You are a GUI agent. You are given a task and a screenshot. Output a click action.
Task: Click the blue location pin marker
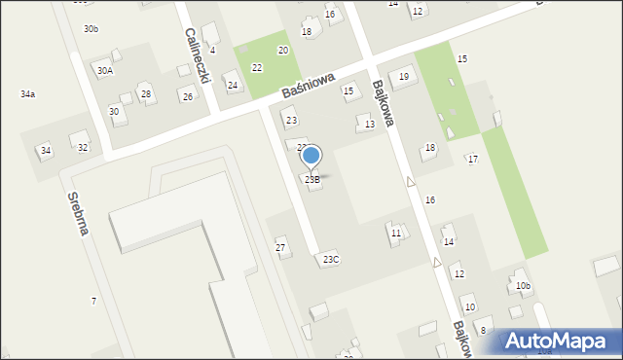point(311,156)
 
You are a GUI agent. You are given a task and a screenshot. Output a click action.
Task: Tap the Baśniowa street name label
point(309,86)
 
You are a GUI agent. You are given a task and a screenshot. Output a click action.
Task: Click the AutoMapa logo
point(560,341)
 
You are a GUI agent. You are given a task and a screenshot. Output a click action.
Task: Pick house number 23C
point(331,259)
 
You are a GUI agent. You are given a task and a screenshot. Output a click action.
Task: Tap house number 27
point(280,248)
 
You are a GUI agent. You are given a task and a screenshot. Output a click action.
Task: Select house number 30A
point(103,70)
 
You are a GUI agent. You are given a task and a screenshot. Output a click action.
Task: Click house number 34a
point(27,94)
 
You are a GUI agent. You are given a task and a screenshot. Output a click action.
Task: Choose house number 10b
point(524,285)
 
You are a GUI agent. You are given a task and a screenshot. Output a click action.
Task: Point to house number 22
point(257,67)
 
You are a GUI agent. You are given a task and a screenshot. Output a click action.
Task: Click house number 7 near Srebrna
point(93,302)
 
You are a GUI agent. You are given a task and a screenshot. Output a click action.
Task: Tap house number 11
point(395,234)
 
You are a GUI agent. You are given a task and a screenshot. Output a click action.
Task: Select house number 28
point(146,93)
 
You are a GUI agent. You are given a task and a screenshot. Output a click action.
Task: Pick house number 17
point(473,159)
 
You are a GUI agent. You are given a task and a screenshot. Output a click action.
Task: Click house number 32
point(83,148)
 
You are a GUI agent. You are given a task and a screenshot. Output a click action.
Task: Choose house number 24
point(233,86)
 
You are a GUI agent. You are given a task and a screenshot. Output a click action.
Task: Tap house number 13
point(369,124)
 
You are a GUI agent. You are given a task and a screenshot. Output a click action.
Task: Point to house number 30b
point(91,29)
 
